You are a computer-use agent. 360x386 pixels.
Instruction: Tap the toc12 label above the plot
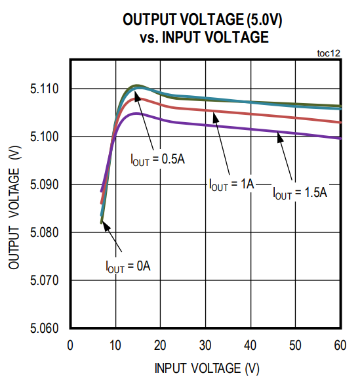point(328,53)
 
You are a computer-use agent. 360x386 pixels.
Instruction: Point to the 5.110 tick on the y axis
point(45,89)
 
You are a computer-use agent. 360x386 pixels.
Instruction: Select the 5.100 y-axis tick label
point(45,137)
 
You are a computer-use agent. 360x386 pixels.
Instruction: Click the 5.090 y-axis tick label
point(45,184)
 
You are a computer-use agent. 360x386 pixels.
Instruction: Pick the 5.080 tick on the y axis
point(45,232)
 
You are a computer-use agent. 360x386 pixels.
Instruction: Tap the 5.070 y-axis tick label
point(45,280)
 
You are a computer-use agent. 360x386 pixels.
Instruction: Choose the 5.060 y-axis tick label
point(45,328)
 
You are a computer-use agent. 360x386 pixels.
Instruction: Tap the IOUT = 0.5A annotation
point(157,160)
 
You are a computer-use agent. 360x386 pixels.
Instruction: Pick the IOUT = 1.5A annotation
point(300,193)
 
